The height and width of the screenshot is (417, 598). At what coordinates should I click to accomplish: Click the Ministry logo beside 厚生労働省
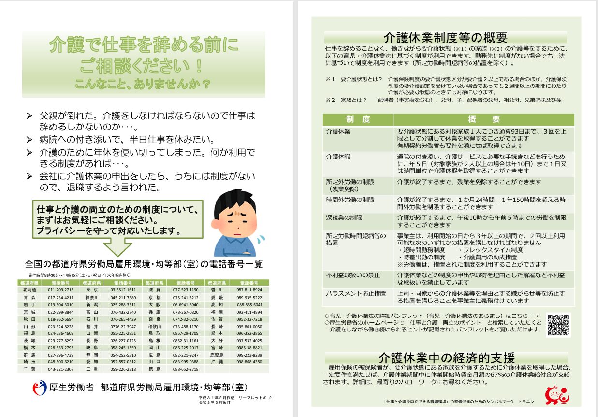tap(40, 387)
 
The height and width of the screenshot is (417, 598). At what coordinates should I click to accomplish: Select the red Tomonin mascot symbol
tap(557, 395)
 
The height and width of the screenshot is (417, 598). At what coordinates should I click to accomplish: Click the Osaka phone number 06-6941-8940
tap(187, 305)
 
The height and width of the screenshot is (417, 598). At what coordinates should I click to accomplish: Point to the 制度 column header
tap(358, 119)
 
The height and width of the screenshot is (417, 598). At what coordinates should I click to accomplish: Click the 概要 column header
tap(484, 119)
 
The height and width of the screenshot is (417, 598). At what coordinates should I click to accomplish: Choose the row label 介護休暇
tap(338, 157)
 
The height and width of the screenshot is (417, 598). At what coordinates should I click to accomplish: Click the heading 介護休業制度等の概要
tap(445, 38)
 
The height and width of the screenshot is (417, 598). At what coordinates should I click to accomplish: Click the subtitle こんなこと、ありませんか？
tap(143, 84)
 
